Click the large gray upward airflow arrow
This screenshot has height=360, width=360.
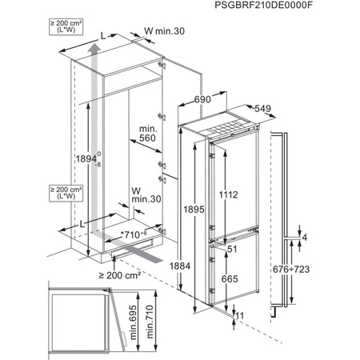pos(93,128)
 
